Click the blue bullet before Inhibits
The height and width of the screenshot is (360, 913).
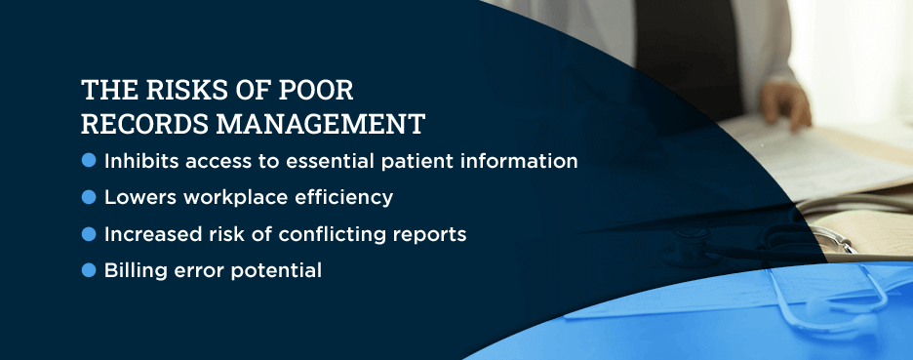(x=89, y=160)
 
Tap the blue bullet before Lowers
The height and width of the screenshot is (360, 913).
(x=89, y=197)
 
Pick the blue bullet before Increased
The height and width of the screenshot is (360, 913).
(x=89, y=234)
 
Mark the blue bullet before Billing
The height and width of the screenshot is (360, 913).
(x=89, y=270)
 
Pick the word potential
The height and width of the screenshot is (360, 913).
(x=276, y=270)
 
